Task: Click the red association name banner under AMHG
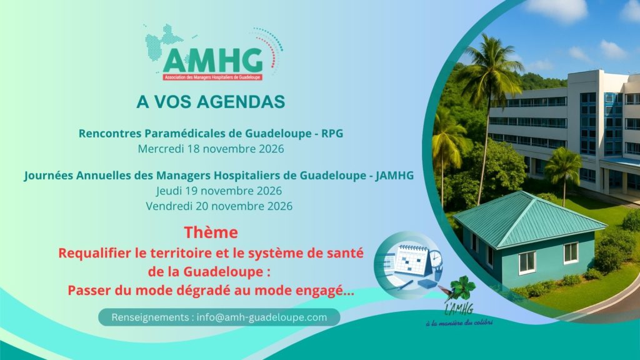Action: coord(212,77)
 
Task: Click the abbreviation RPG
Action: coord(332,134)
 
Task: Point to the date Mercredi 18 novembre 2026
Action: coord(211,149)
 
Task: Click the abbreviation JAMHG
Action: coord(395,176)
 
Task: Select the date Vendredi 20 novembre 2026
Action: coord(219,206)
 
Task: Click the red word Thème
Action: coord(211,232)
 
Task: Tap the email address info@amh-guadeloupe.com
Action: coord(262,317)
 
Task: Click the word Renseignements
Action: coord(150,317)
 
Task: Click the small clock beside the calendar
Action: coord(436,258)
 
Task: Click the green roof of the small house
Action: coord(529,219)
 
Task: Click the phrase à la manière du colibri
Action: coord(459,322)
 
